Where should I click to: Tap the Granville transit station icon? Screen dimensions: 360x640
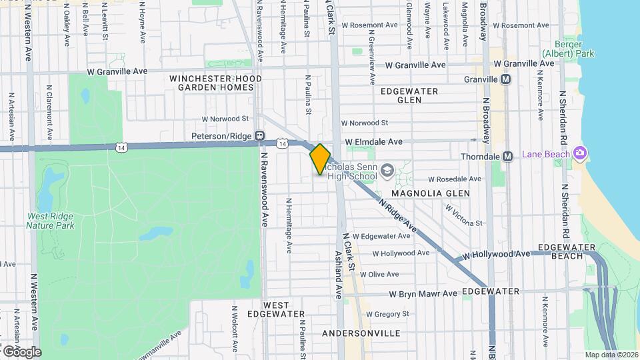506,79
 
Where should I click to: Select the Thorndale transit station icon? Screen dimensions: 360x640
508,157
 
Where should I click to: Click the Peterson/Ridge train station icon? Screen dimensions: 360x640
261,135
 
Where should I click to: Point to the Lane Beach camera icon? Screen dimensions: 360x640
579,154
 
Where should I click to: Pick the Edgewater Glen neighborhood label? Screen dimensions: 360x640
409,95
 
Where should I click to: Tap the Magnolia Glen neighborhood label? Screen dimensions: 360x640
430,193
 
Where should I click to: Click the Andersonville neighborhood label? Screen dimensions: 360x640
361,333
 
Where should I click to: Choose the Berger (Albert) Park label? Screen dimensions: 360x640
559,48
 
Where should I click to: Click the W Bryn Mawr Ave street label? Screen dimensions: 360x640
423,293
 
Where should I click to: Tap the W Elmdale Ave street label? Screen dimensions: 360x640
374,142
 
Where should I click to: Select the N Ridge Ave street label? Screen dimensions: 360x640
397,217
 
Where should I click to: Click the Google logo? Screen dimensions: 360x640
21,351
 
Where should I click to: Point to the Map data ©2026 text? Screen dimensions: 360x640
611,355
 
